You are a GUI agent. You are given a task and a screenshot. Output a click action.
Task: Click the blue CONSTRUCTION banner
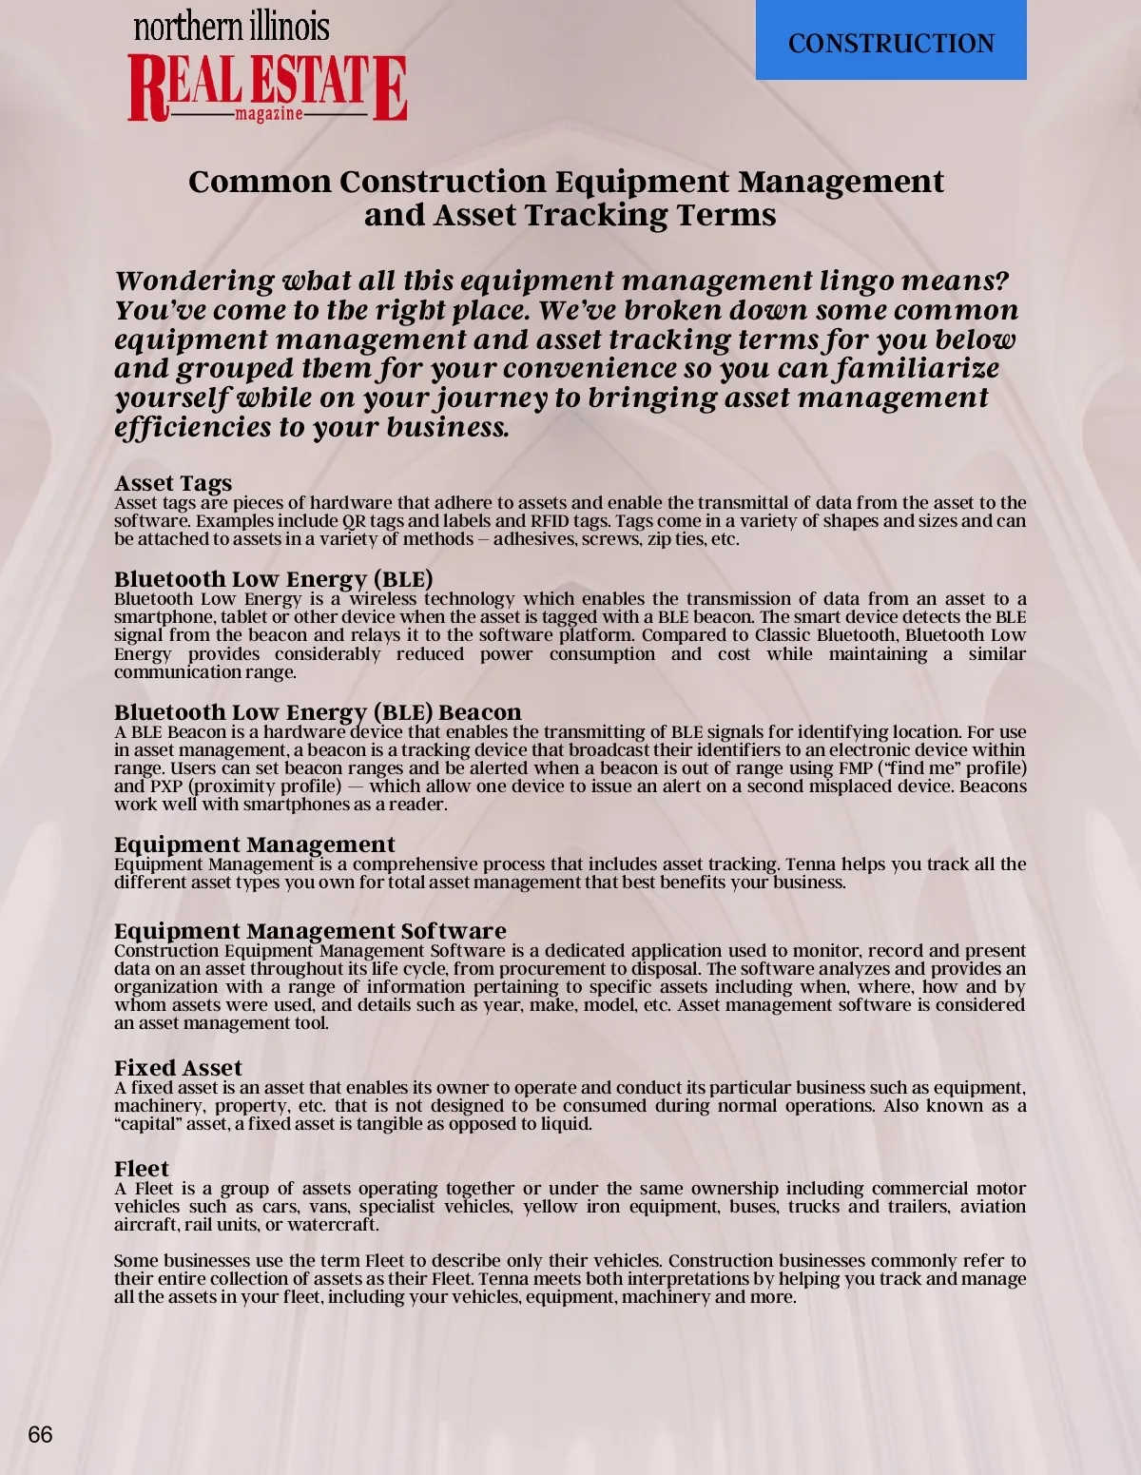tap(891, 42)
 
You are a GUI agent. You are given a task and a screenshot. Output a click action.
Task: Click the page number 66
tap(40, 1435)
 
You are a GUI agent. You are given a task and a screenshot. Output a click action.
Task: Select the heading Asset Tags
tap(173, 483)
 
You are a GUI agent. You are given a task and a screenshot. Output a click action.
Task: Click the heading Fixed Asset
tap(178, 1068)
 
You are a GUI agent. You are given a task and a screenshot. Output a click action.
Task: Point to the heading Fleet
tap(142, 1169)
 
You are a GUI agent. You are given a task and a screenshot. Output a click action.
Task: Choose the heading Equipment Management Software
tap(310, 931)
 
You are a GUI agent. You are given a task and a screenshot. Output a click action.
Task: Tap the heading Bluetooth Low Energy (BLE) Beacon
tap(318, 712)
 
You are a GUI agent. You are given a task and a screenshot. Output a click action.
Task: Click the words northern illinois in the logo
tap(231, 27)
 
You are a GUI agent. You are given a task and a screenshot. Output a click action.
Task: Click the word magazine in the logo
tap(268, 114)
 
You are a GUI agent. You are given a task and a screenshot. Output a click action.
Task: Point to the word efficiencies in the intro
tap(192, 427)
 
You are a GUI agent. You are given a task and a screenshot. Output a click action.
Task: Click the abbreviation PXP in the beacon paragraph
tap(162, 786)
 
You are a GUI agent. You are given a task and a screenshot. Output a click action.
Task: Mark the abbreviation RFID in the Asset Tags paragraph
tap(551, 521)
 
